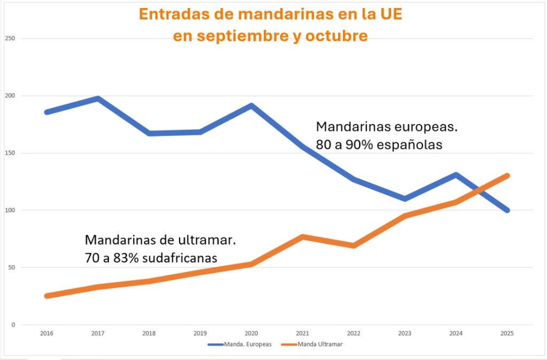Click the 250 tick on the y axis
click(10, 39)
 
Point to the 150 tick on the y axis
click(10, 153)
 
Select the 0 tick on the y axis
click(13, 325)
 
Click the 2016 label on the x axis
click(47, 333)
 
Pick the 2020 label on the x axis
click(252, 333)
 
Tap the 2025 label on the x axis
click(507, 333)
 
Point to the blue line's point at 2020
click(252, 106)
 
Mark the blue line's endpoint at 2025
click(507, 210)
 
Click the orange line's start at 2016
click(47, 296)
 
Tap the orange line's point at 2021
click(302, 237)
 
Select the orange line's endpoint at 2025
click(507, 176)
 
